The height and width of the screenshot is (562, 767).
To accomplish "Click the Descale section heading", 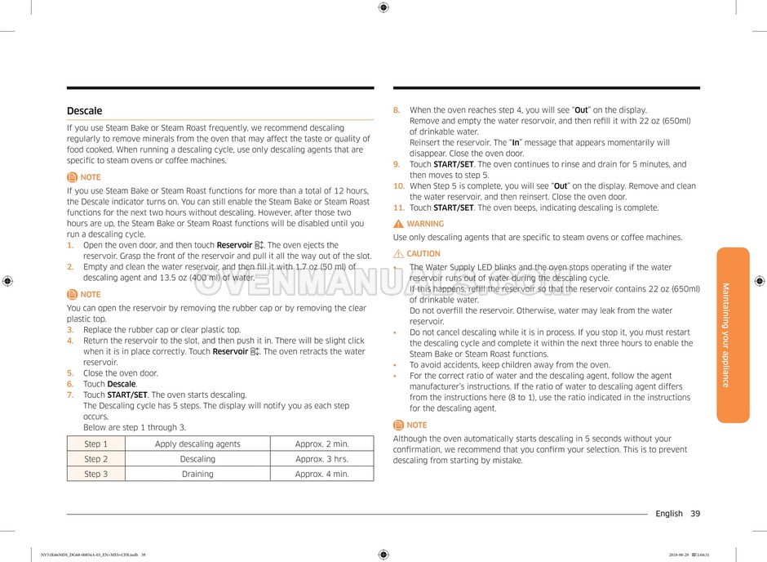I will click(85, 111).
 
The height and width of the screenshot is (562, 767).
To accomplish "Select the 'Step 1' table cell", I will click(95, 444).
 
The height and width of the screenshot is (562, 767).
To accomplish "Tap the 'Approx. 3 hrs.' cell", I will click(321, 459).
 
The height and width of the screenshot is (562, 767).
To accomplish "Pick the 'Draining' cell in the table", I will click(197, 474).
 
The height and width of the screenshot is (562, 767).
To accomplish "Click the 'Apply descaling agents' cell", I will click(197, 444).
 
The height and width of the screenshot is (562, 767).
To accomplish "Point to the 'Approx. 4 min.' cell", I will click(321, 474).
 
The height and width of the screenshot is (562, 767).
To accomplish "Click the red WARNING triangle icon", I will click(398, 224).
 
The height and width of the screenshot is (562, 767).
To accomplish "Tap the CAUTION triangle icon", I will click(398, 254).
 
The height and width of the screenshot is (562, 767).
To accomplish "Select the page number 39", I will click(694, 514).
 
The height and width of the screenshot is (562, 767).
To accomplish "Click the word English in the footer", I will click(668, 514).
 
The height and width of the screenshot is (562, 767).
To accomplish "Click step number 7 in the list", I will click(70, 395).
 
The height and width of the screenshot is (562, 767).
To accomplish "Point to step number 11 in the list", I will click(399, 207).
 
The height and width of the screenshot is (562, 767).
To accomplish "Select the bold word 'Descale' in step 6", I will click(122, 384).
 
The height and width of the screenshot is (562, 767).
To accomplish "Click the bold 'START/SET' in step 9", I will click(453, 164).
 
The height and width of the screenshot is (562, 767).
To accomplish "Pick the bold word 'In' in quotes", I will click(516, 142).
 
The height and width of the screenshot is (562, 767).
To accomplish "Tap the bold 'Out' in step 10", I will click(561, 185).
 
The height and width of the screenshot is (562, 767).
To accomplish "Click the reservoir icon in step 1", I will click(259, 245).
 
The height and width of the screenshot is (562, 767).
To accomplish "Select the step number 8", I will click(397, 110).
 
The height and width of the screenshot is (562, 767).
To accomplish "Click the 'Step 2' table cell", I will click(95, 459).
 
